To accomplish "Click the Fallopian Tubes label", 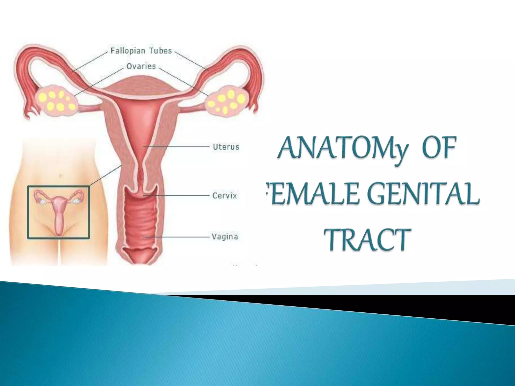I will pos(141,51).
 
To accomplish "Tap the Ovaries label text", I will pos(141,67).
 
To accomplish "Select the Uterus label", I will pos(226,147).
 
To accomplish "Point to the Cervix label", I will pos(225,196).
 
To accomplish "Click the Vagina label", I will pos(225,236).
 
